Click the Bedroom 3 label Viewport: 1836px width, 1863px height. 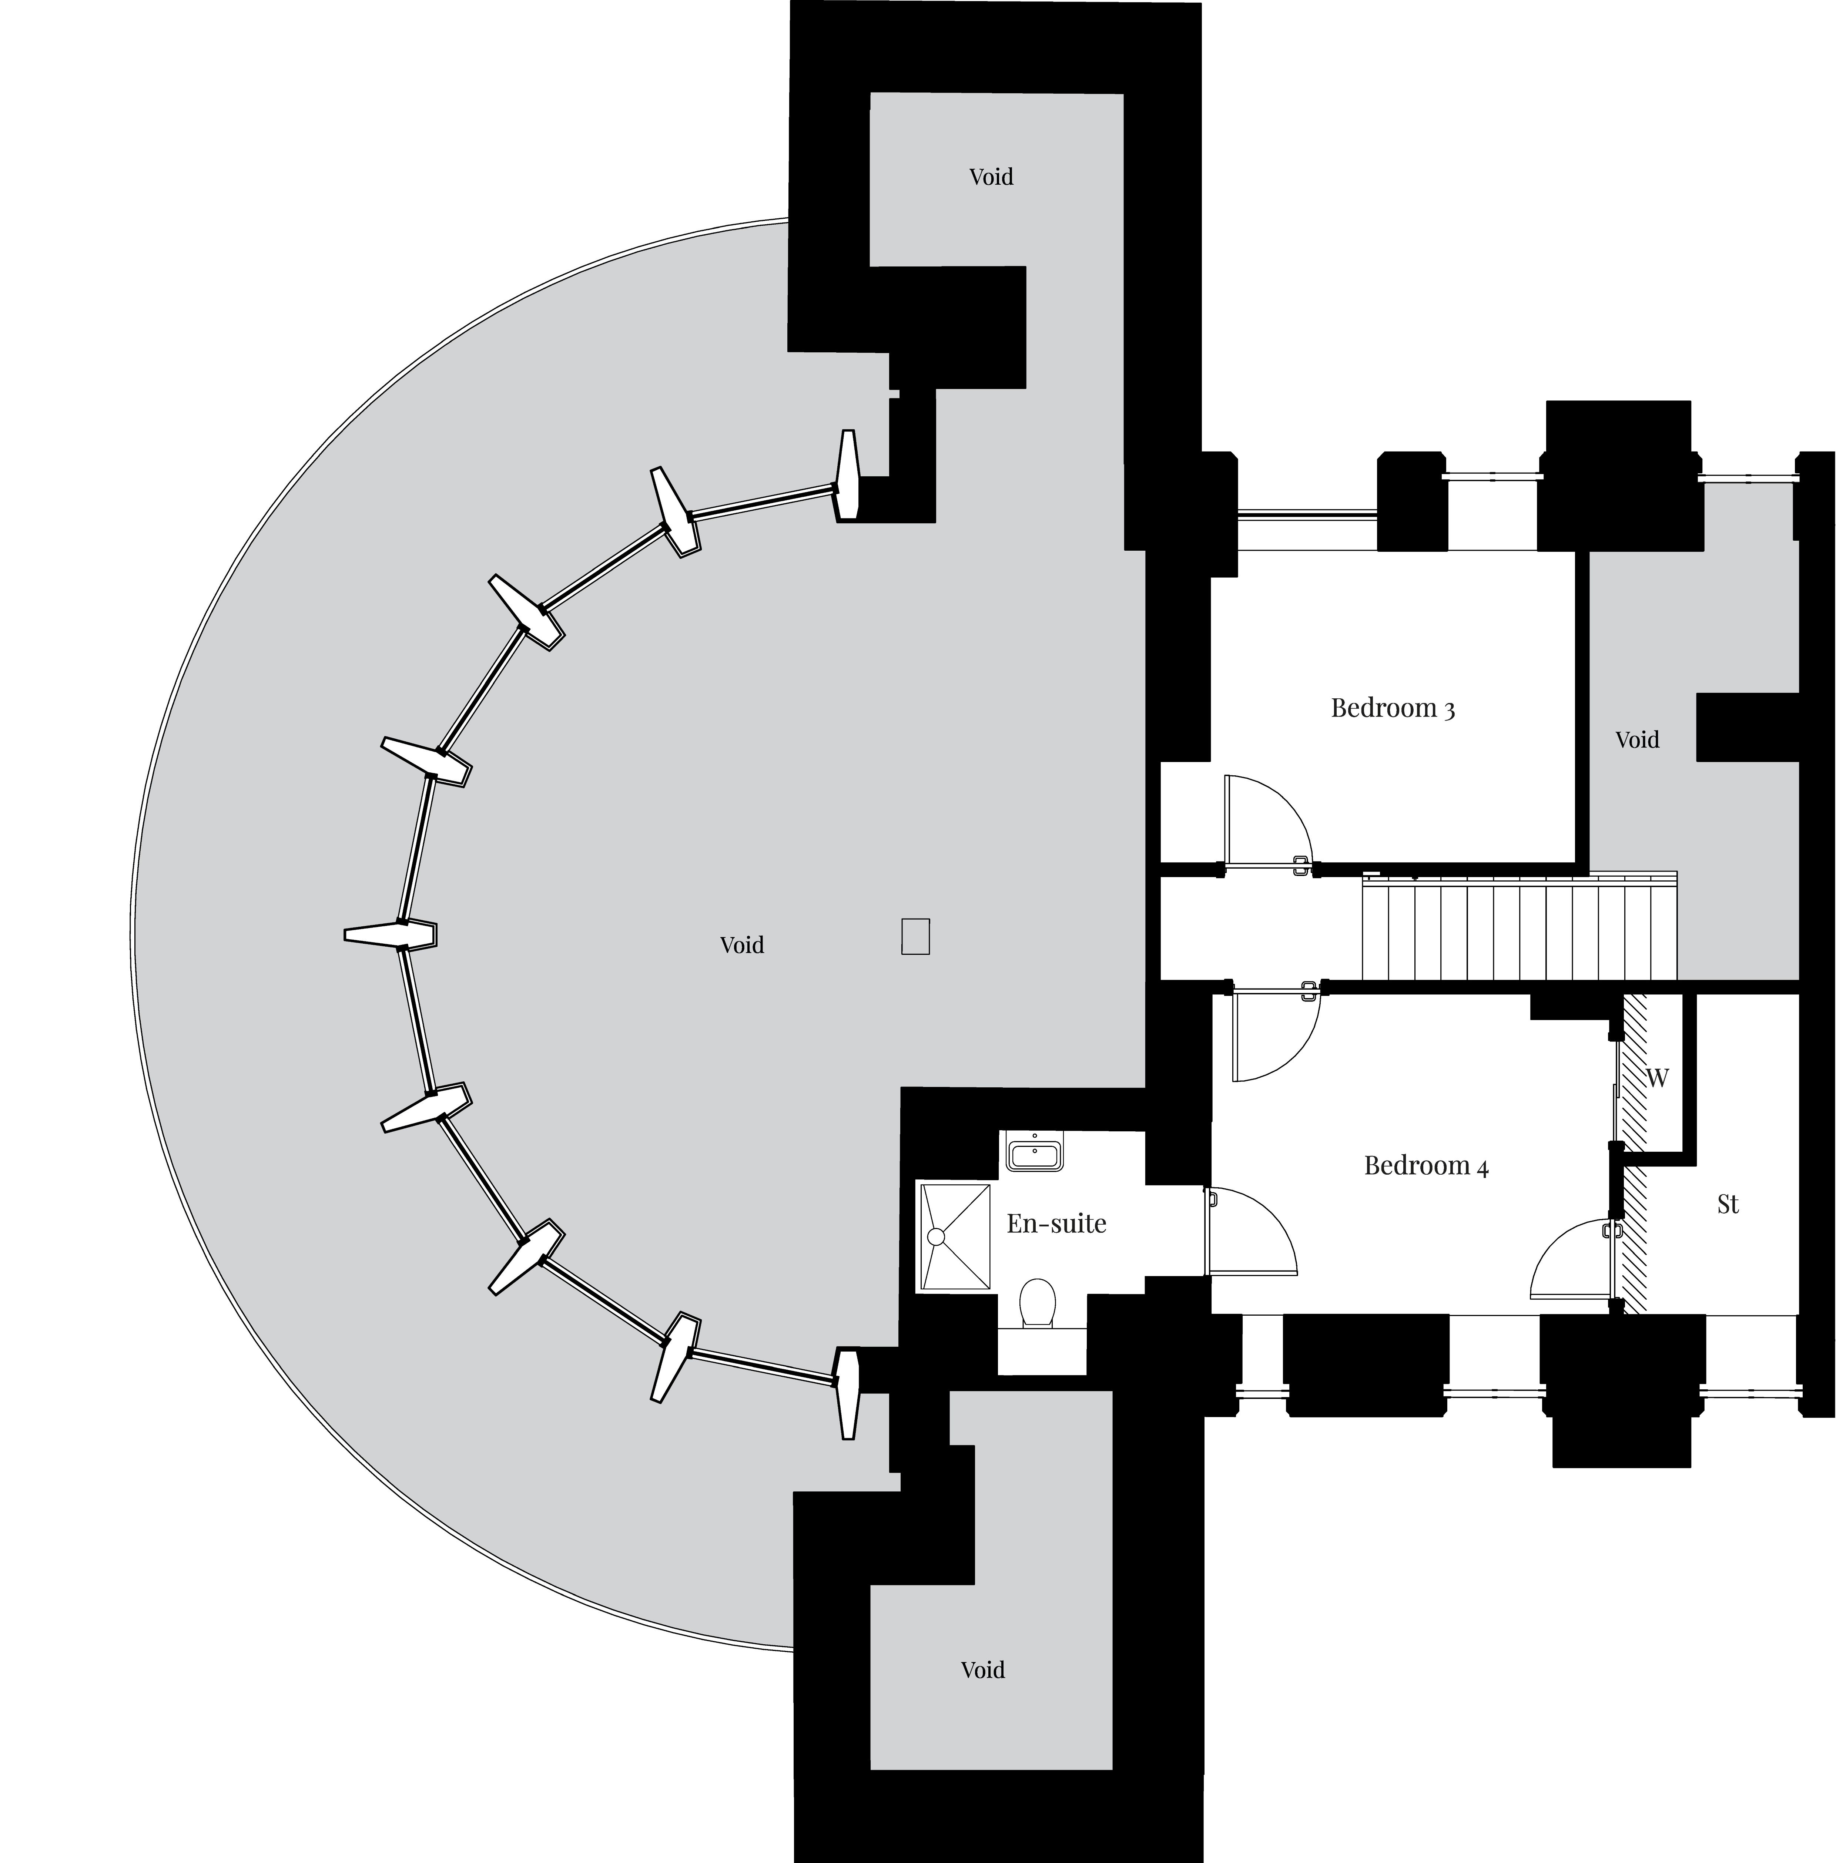tap(1393, 708)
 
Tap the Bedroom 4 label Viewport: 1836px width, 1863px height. tap(1426, 1166)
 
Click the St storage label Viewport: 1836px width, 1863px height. tap(1728, 1204)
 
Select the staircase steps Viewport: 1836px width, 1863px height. tap(1519, 926)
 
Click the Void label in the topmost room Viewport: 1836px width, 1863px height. tap(991, 177)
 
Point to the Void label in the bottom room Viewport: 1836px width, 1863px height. tap(983, 1669)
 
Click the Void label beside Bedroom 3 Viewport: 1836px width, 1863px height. tap(1637, 739)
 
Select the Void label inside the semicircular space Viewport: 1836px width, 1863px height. tap(741, 945)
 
